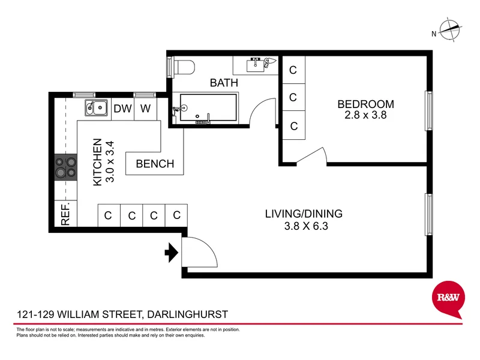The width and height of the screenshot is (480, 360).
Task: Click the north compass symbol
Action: click(x=449, y=28)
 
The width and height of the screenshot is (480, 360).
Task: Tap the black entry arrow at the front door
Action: click(x=172, y=253)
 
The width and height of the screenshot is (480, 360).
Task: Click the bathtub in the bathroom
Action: click(x=204, y=109)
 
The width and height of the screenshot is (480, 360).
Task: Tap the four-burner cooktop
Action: click(x=66, y=167)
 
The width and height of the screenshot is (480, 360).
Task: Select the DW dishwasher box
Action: click(x=122, y=109)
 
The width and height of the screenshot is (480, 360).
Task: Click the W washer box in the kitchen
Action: click(x=145, y=109)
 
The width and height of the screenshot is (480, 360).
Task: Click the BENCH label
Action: click(x=155, y=164)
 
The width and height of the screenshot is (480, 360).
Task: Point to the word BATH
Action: click(x=224, y=83)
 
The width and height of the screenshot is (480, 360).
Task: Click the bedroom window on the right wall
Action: click(x=428, y=110)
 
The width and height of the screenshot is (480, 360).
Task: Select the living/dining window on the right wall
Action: click(x=428, y=214)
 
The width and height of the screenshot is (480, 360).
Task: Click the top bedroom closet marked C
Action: click(x=293, y=70)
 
